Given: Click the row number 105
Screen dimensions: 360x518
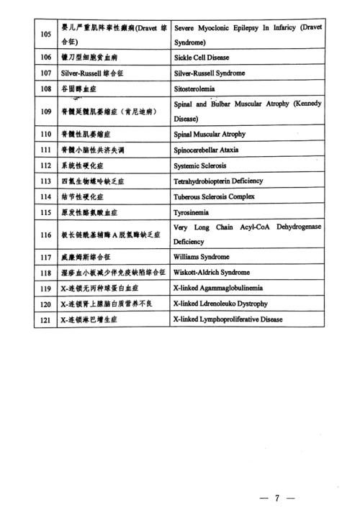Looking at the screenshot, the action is [45, 33].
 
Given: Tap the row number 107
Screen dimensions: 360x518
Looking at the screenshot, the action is [45, 73].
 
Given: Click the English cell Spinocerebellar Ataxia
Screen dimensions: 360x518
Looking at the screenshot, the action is [209, 150].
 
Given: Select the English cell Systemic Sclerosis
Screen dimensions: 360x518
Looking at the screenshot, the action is [202, 165].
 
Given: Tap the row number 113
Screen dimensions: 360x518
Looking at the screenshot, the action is [45, 181].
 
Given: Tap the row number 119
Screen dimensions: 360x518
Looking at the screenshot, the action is [45, 288].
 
